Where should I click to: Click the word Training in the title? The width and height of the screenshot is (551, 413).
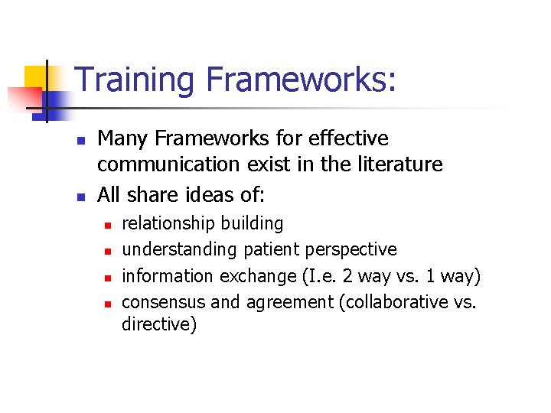tap(132, 80)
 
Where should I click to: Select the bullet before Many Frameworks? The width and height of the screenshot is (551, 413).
tap(79, 141)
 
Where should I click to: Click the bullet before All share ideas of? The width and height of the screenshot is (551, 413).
tap(79, 197)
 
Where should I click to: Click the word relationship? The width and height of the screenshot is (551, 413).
tap(169, 223)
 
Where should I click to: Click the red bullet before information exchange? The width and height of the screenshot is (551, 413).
tap(109, 278)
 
